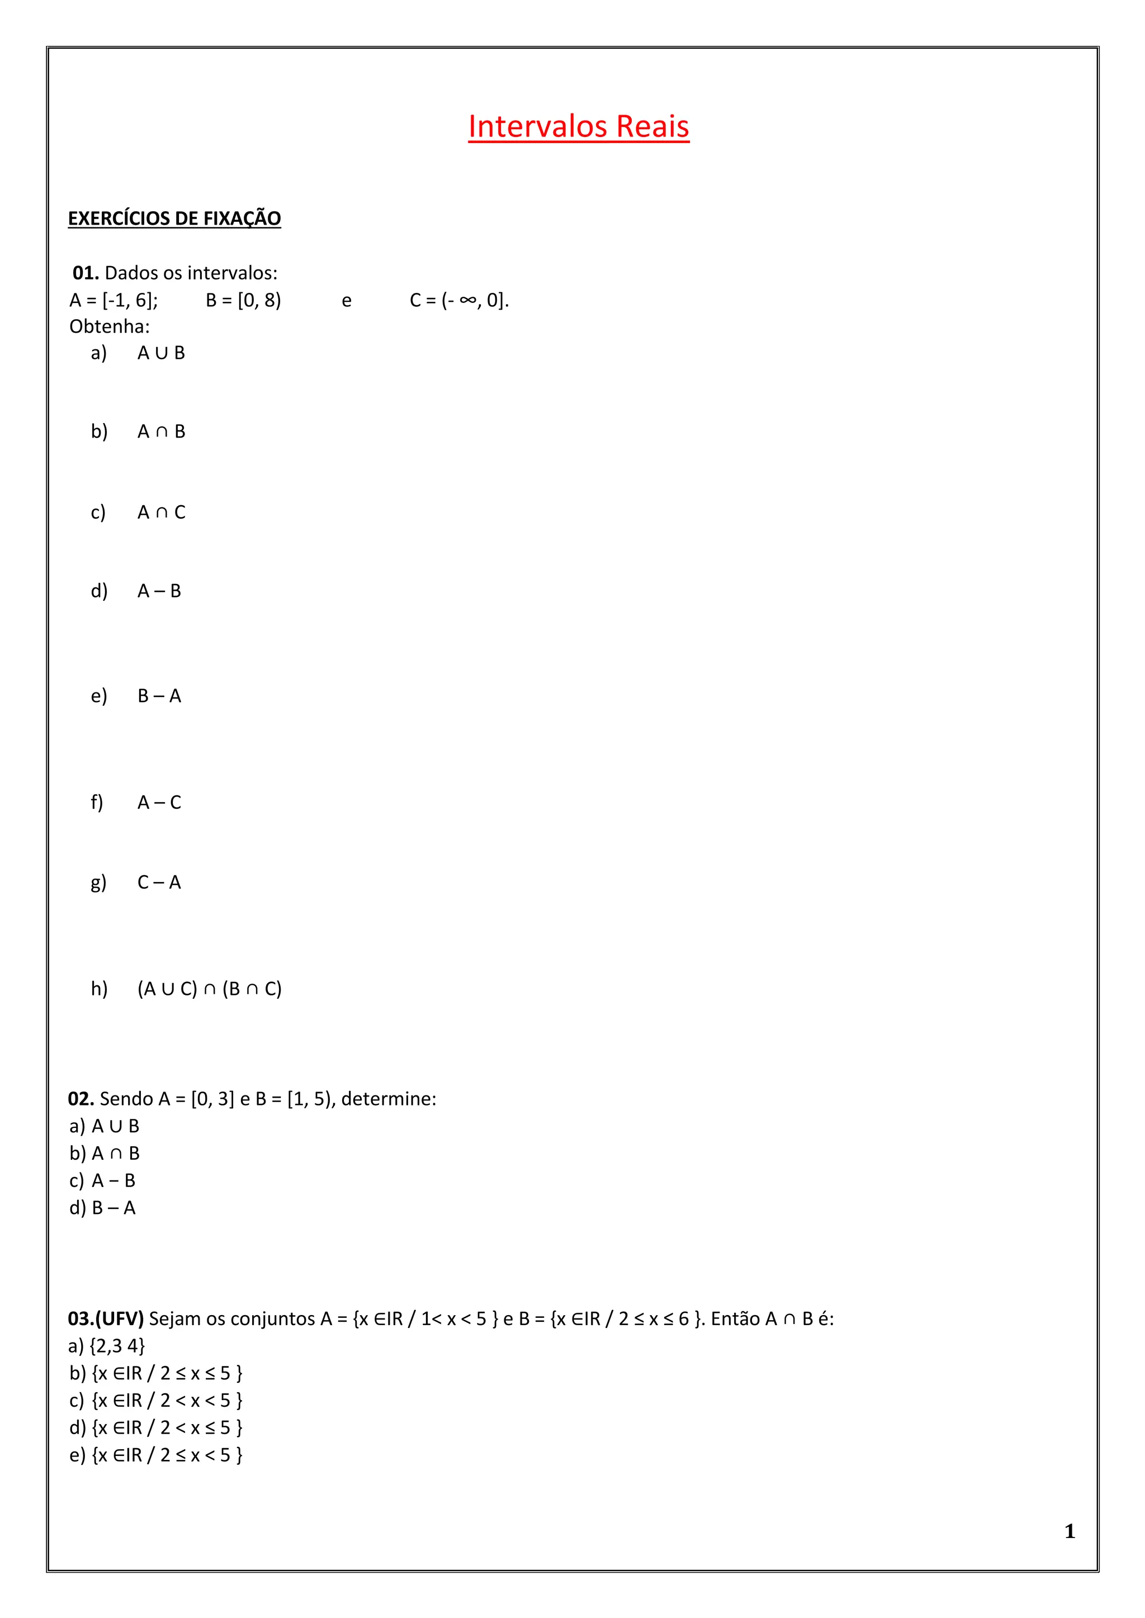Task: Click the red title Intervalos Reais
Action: point(578,127)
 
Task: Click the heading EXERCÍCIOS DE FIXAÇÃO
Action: point(174,219)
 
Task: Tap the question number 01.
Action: point(86,273)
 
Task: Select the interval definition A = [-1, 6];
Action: point(113,300)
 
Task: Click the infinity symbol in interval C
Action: point(467,300)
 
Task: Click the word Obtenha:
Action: point(109,326)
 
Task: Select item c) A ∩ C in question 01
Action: point(138,513)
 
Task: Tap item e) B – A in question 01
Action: point(136,696)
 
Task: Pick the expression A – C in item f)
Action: point(159,803)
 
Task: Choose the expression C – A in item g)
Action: point(159,882)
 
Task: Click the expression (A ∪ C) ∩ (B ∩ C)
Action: point(210,989)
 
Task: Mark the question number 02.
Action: point(81,1099)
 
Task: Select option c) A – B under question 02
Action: point(102,1180)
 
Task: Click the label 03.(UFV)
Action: point(106,1318)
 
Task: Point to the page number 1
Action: point(1070,1531)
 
